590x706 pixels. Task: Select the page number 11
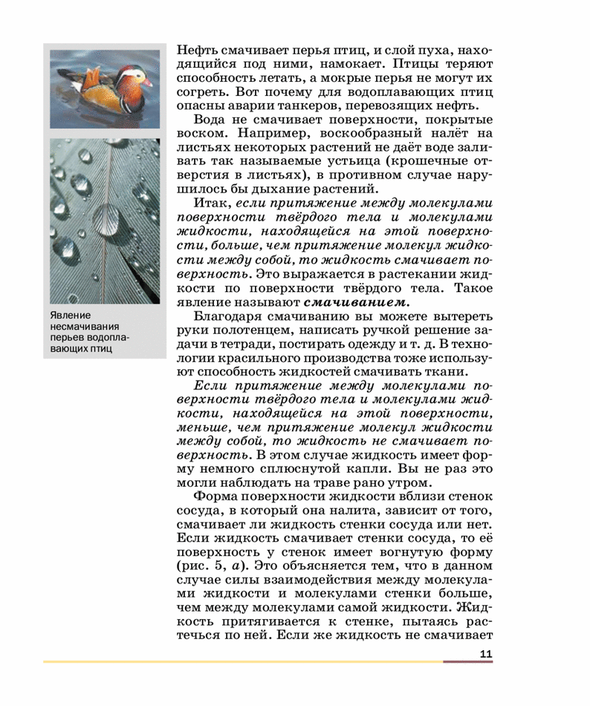pyautogui.click(x=486, y=653)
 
